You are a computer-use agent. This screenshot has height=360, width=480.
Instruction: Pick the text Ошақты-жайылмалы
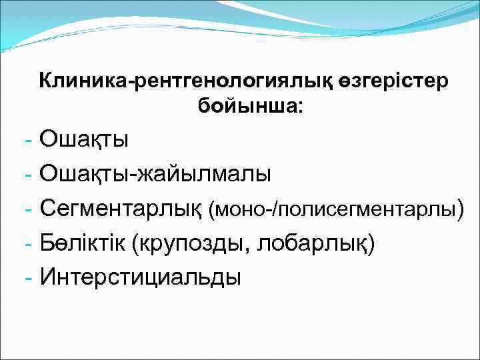coord(155,175)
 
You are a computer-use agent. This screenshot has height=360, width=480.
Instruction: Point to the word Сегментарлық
coord(121,209)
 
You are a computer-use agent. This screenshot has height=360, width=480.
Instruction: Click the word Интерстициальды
coord(140,276)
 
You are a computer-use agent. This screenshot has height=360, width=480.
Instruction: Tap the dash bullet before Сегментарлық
coord(27,210)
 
